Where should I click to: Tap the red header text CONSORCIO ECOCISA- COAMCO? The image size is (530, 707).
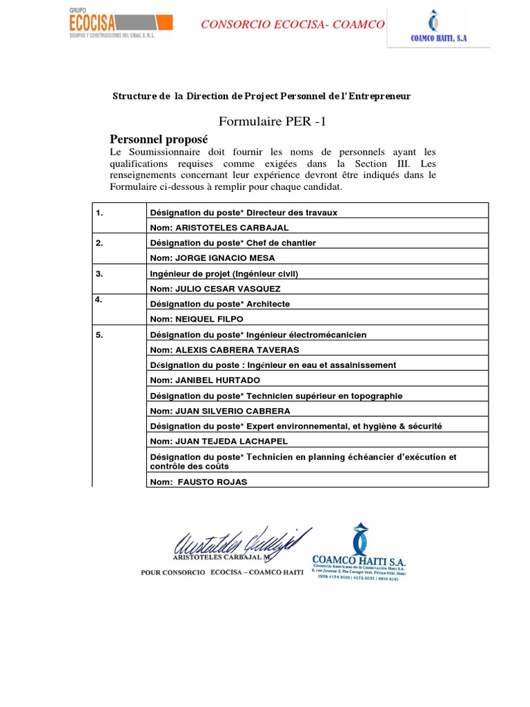[293, 25]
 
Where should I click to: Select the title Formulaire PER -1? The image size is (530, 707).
[271, 122]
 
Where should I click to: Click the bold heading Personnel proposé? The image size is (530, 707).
[159, 139]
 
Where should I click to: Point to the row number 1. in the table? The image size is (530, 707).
[100, 213]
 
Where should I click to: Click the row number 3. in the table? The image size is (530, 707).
[100, 273]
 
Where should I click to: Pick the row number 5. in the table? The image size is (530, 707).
[100, 335]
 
